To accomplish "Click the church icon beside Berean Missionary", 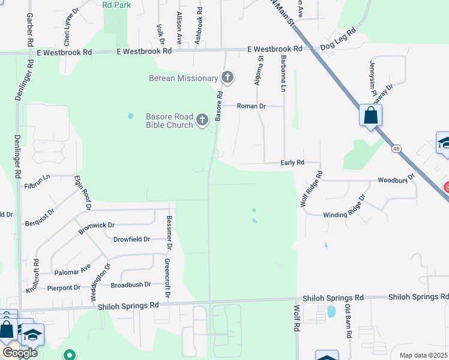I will (x=227, y=77).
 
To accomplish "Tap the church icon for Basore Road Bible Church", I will (x=202, y=120).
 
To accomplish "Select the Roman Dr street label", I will (x=251, y=106).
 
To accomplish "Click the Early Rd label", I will (x=292, y=163).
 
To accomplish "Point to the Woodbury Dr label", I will (x=396, y=180).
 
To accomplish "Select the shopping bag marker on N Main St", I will (x=370, y=115).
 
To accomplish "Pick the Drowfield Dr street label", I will (x=131, y=239).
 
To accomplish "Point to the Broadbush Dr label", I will (x=130, y=285).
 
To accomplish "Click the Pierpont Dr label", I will (x=64, y=288).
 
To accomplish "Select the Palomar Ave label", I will (x=72, y=269).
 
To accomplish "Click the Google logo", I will (x=20, y=353).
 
